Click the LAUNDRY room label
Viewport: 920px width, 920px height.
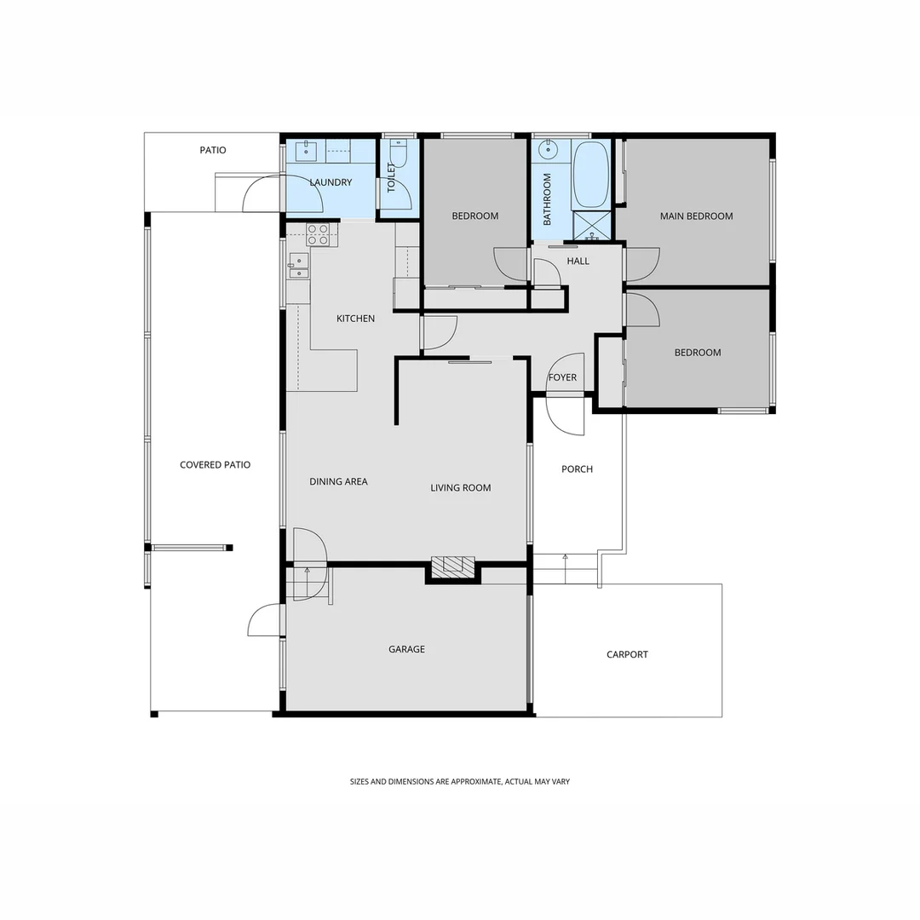pos(331,182)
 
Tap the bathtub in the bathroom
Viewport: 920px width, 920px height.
pos(590,175)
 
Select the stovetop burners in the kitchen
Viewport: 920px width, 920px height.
pos(318,234)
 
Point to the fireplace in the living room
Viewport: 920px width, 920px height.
pos(452,567)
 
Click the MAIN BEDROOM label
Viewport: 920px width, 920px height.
pos(696,216)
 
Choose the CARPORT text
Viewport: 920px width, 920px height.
pos(627,655)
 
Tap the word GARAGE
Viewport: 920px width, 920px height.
pos(406,649)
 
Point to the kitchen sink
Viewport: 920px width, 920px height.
pos(297,266)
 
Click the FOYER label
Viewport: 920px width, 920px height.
pos(562,377)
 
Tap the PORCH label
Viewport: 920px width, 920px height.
pos(577,469)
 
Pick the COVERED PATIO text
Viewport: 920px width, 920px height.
pos(215,465)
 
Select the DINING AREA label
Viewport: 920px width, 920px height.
pos(338,482)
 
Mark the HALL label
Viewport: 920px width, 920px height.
pos(578,262)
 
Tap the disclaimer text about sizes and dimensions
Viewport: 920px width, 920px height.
pos(459,781)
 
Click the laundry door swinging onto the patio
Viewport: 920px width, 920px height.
pos(262,194)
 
